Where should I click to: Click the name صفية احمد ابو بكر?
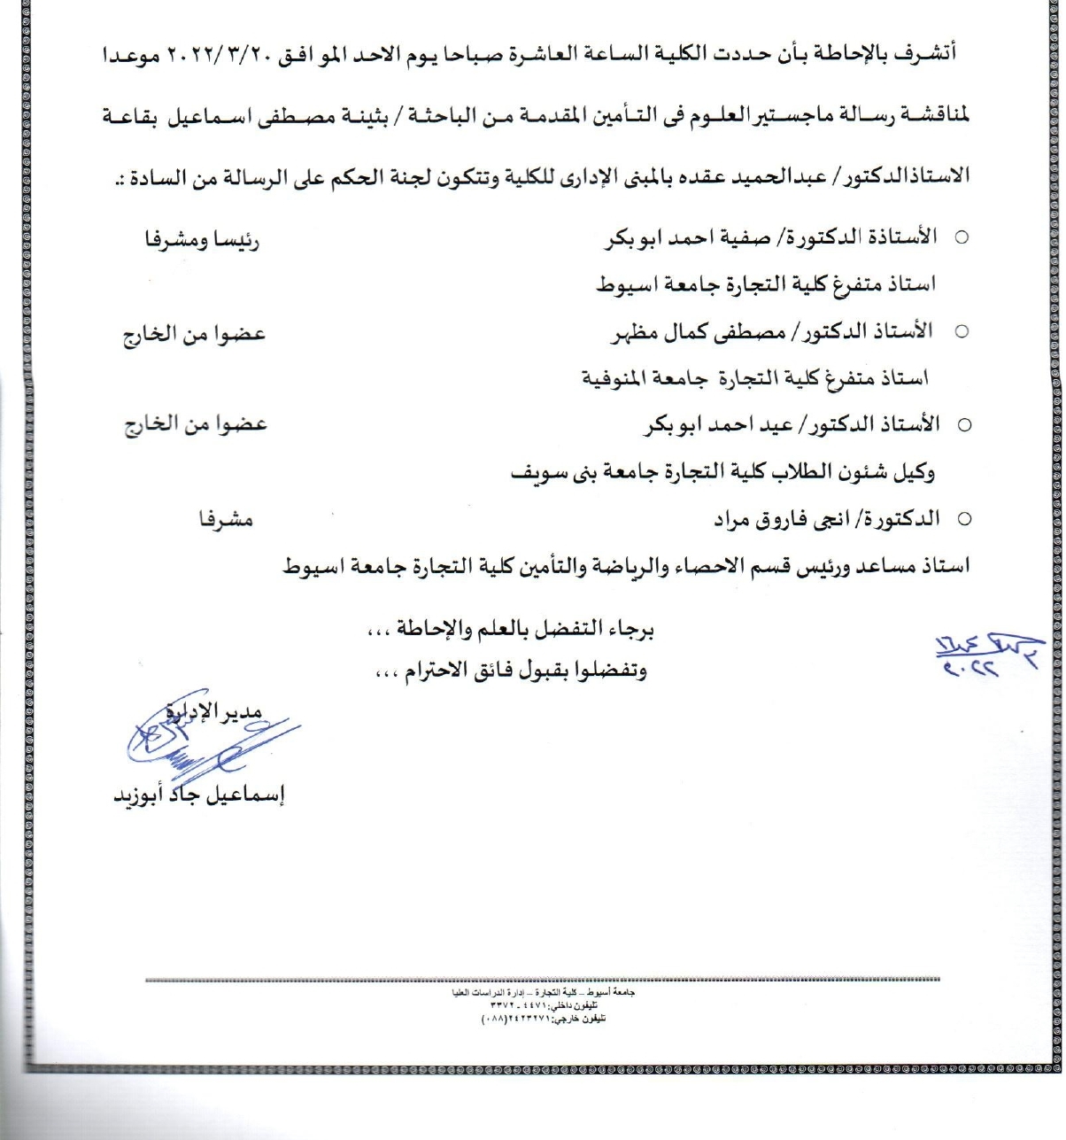pyautogui.click(x=676, y=239)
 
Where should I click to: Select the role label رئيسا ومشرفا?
pyautogui.click(x=202, y=240)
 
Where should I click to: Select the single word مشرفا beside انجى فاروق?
pyautogui.click(x=226, y=520)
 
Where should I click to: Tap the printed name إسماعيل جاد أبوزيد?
pyautogui.click(x=198, y=795)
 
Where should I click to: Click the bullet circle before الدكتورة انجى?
pyautogui.click(x=965, y=520)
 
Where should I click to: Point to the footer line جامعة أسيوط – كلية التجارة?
pyautogui.click(x=543, y=993)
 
